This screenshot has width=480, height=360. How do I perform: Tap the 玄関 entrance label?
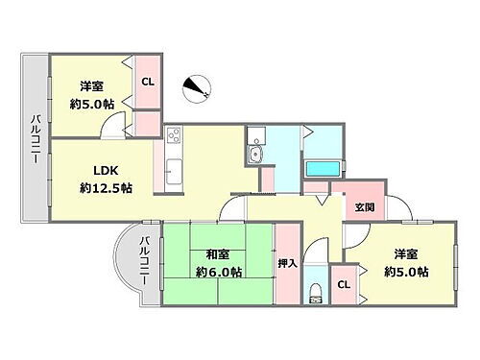(x=364, y=208)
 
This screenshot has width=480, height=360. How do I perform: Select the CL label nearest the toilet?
(x=343, y=285)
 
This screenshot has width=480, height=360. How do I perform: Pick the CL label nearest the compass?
(x=148, y=81)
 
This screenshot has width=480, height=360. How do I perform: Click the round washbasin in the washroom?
(x=257, y=157)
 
